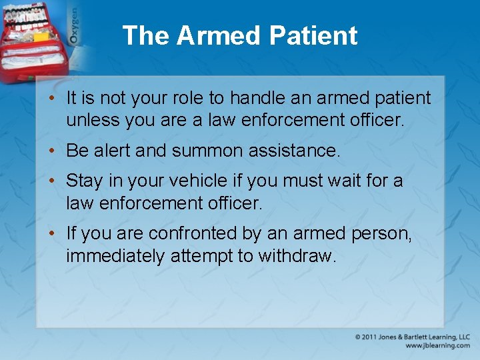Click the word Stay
(84, 181)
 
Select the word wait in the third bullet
(346, 181)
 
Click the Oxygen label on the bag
(74, 27)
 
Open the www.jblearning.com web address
(437, 345)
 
